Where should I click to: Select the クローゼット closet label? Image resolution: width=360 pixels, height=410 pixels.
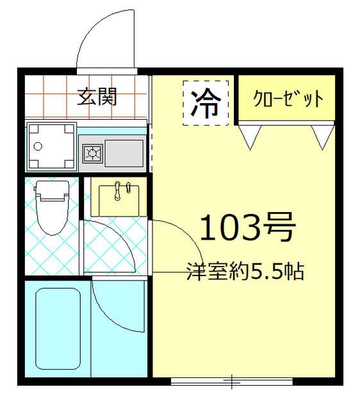coord(288,100)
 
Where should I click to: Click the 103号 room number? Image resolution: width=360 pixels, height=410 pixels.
coord(248,227)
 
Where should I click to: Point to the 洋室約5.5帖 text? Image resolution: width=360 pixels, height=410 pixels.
coord(245,272)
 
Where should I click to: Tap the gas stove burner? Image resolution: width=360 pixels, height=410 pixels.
coord(94,152)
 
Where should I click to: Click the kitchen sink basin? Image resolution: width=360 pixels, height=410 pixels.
coord(124,152)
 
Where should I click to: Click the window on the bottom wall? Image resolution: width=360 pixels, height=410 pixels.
coord(231,382)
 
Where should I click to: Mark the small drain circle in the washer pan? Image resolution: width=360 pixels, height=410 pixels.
coord(38,146)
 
